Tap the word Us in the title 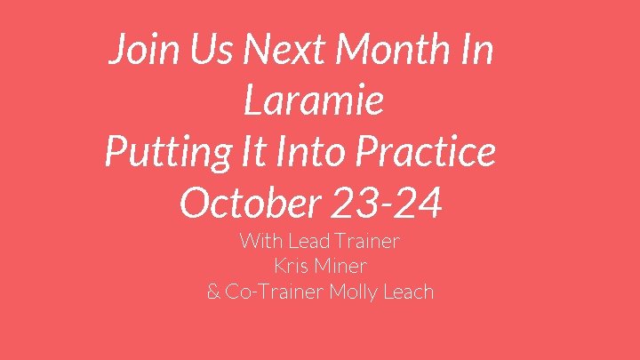(x=202, y=51)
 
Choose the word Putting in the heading (x=164, y=152)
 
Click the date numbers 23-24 (x=389, y=203)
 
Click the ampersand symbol (x=213, y=292)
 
